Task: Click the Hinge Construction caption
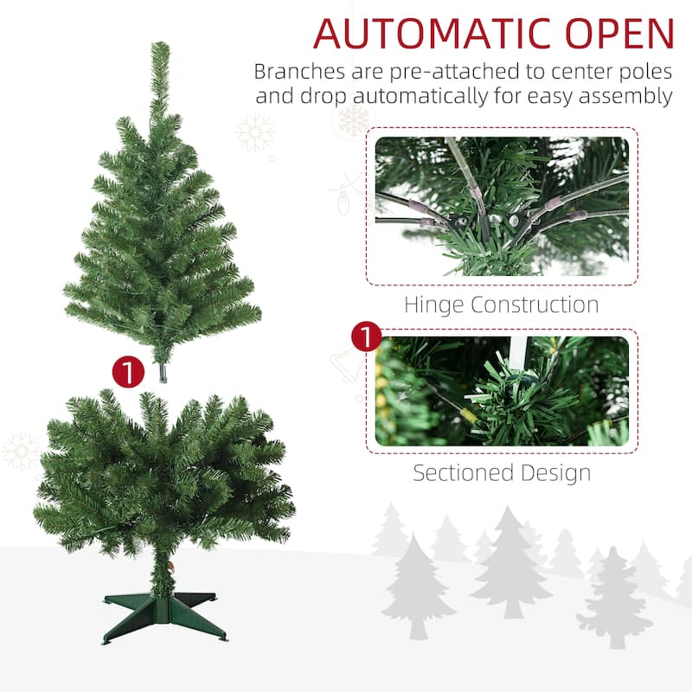[x=502, y=304]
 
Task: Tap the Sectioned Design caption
[x=502, y=473]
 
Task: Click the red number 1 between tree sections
[x=128, y=373]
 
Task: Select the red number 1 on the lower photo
[x=367, y=337]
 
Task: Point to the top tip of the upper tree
[x=159, y=46]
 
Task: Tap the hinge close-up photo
[x=502, y=206]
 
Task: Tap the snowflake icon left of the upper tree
[x=255, y=132]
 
